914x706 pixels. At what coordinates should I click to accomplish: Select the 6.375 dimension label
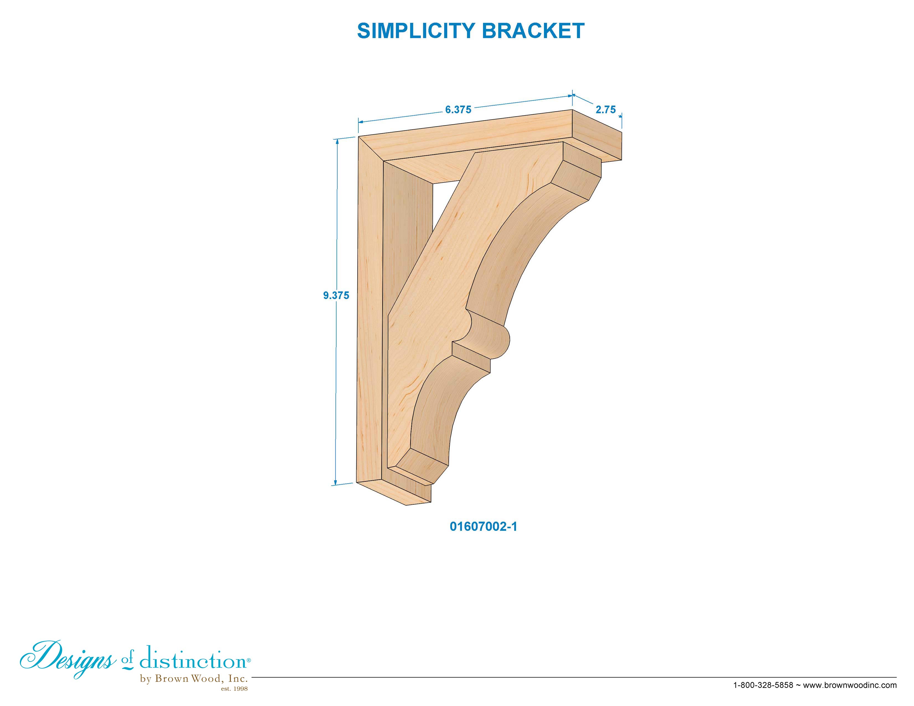[458, 110]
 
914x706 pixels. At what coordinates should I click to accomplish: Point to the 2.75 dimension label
[605, 110]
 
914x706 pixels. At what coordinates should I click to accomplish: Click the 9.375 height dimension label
[336, 295]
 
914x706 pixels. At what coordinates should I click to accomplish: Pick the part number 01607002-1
[483, 527]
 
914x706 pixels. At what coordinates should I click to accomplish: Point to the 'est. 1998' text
[234, 689]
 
